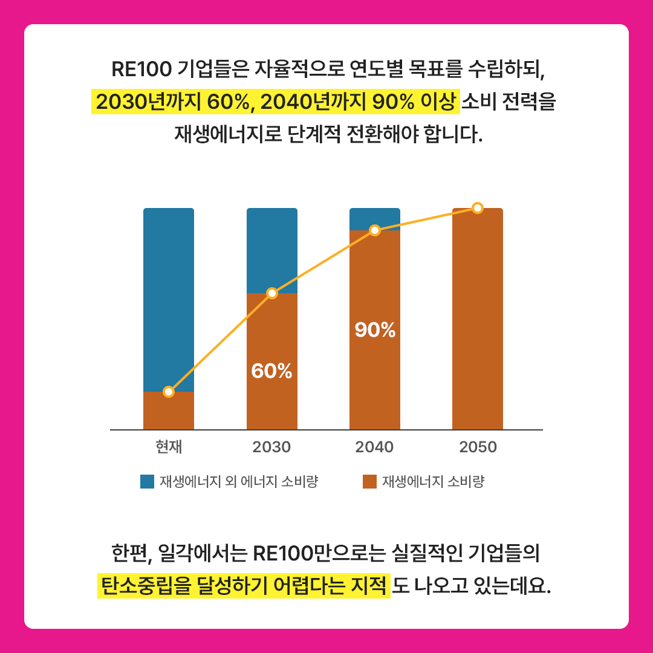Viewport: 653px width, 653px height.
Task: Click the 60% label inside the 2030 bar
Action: click(x=271, y=371)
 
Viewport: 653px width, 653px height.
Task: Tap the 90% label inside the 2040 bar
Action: click(x=375, y=330)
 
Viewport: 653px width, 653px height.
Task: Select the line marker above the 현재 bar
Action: click(x=169, y=392)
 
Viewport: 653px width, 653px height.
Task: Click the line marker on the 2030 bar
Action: click(x=272, y=293)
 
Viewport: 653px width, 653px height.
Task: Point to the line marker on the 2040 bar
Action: click(x=375, y=230)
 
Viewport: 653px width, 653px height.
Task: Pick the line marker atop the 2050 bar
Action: click(x=478, y=208)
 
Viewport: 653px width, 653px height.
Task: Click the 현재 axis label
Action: click(x=169, y=447)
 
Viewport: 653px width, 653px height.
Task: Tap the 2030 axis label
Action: click(x=271, y=447)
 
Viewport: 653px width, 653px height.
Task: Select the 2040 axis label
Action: click(x=374, y=447)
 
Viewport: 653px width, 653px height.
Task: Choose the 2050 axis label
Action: click(x=478, y=447)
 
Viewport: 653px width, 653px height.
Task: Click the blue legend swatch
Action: click(x=148, y=482)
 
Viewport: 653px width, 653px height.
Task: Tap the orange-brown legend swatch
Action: click(x=370, y=482)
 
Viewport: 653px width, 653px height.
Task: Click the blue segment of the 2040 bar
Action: click(x=375, y=219)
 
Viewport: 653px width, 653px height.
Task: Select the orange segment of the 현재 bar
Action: click(x=169, y=411)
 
